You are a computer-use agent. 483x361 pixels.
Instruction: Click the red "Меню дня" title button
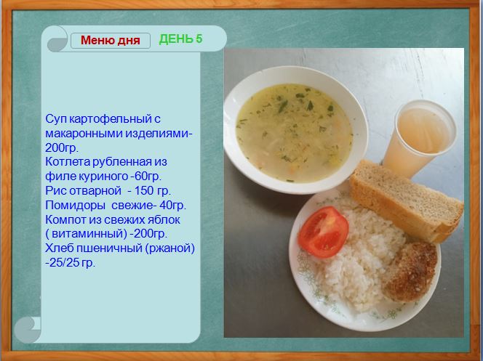(x=111, y=41)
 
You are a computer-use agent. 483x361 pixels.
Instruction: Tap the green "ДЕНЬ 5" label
(x=181, y=39)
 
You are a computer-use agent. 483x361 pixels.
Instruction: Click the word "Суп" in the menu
(x=56, y=119)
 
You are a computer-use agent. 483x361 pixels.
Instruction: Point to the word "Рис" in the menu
(x=55, y=191)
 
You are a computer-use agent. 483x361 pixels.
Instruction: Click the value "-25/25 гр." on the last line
(x=71, y=263)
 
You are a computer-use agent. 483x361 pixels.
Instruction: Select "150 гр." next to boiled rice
(x=153, y=191)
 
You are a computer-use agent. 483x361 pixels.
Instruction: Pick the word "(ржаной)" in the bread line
(x=172, y=248)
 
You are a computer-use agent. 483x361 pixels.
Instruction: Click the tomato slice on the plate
(x=323, y=232)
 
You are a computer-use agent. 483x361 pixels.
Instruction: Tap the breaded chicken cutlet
(x=410, y=272)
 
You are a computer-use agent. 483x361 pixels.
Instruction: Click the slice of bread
(x=407, y=200)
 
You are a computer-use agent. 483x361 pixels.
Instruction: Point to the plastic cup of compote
(x=420, y=137)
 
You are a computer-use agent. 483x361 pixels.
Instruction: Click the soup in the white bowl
(x=294, y=133)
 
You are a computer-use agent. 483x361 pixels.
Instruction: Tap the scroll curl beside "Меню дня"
(x=57, y=39)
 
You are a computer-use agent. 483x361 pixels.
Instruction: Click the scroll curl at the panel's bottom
(x=28, y=330)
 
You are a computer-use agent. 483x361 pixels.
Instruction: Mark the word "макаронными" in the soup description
(x=81, y=134)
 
